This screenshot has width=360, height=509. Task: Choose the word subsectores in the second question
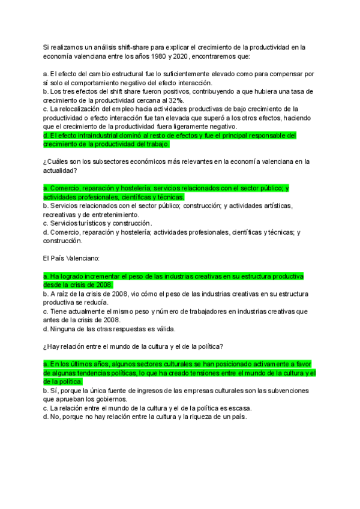pyautogui.click(x=103, y=162)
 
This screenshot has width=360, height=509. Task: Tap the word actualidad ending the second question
pyautogui.click(x=59, y=170)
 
